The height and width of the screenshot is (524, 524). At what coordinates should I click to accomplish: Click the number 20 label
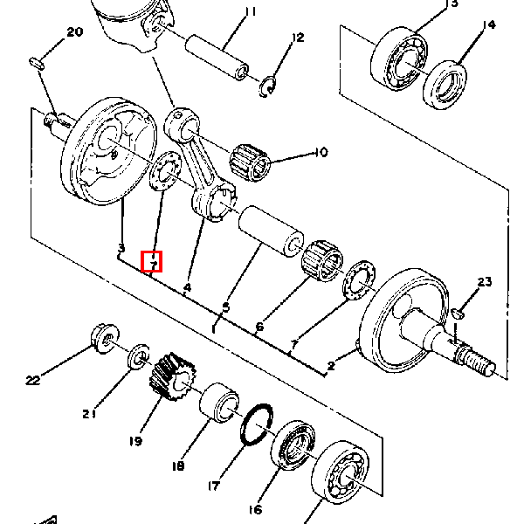coord(74,32)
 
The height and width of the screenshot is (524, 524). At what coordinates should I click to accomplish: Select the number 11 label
coord(251,11)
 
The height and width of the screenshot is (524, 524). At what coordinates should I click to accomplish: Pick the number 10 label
coord(320,153)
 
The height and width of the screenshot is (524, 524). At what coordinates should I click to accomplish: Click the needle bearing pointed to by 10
coord(252,160)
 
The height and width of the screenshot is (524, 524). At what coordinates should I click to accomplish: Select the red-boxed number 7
coord(153,260)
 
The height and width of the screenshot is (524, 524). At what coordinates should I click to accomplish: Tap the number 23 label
coord(484,281)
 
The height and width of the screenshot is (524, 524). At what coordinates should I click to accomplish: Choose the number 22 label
coord(33,380)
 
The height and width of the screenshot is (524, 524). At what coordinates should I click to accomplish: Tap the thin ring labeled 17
coord(256,424)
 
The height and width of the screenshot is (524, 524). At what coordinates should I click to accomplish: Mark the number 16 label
coord(255,510)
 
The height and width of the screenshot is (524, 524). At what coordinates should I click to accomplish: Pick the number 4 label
coord(187,286)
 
